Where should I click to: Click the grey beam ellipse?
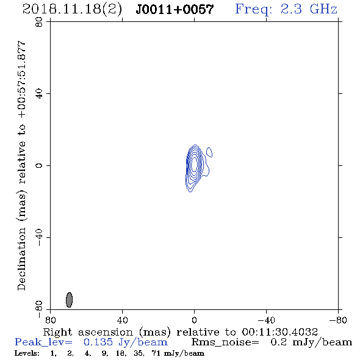point(69,300)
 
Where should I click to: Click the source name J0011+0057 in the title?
point(175,9)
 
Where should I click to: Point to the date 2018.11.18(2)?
point(72,9)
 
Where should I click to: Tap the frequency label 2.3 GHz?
point(309,9)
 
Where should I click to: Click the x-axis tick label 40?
point(122,320)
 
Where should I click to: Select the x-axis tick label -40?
point(266,320)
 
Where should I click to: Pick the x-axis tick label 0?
point(194,320)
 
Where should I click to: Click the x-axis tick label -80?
point(338,320)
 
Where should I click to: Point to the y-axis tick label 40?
point(39,94)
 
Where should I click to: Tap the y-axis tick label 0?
point(39,165)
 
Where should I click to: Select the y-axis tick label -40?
point(39,237)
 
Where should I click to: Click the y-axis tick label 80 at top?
point(39,22)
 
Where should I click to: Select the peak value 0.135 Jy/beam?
point(126,342)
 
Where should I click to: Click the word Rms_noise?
point(225,342)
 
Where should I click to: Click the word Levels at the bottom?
point(27,353)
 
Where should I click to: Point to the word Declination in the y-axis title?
point(21,259)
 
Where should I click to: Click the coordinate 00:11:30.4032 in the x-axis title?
point(279,332)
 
